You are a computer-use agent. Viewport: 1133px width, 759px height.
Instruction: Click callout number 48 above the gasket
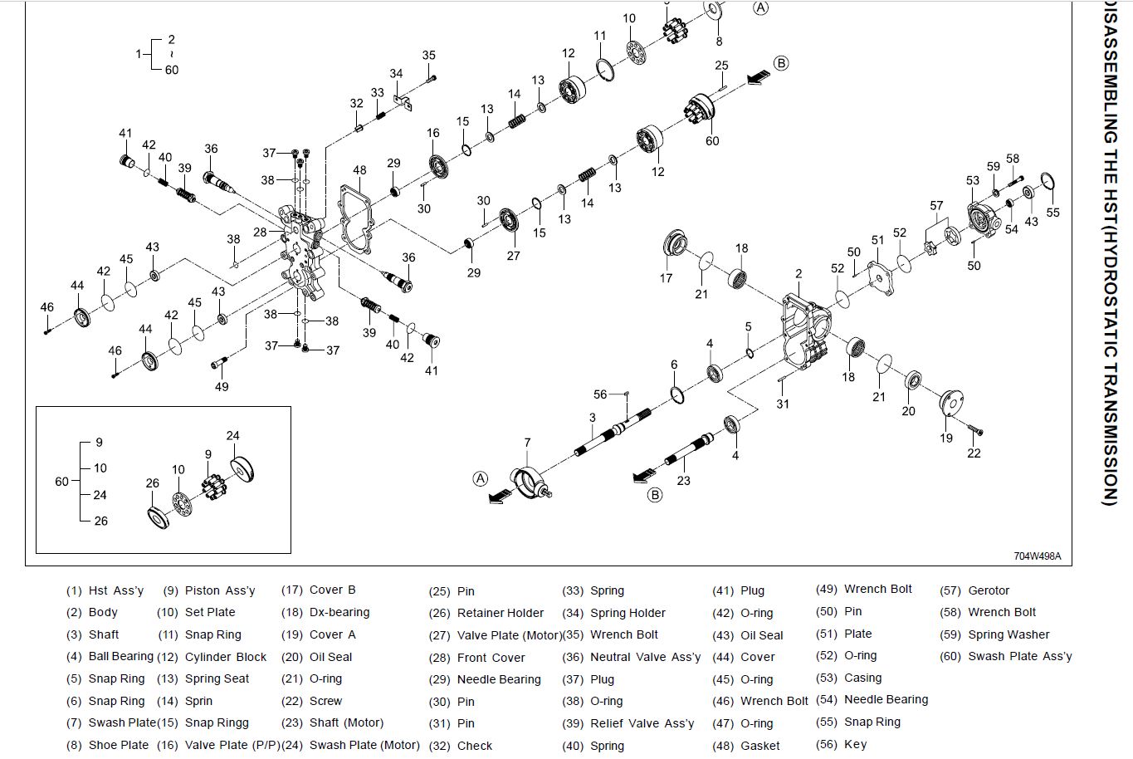point(359,170)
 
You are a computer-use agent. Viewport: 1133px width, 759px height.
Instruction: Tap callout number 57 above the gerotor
point(936,205)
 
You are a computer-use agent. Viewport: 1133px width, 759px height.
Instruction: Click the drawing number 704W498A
point(1037,556)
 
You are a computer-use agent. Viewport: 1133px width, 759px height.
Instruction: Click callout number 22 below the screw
point(974,453)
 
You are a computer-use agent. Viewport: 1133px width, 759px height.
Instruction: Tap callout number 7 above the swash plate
point(527,443)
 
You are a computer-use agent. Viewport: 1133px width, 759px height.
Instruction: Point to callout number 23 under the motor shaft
point(683,480)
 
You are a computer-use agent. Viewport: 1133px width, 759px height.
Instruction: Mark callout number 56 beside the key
point(600,394)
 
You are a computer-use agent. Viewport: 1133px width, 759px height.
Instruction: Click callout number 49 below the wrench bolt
point(222,386)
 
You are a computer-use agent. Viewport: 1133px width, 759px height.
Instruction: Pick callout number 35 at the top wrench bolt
point(428,56)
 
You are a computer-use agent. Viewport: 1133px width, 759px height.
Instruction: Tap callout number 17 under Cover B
point(666,278)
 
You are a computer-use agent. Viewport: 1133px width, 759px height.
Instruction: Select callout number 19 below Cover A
point(946,438)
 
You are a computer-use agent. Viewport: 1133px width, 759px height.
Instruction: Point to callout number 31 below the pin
point(783,404)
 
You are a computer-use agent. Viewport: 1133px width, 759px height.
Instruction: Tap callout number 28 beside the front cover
point(260,233)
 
